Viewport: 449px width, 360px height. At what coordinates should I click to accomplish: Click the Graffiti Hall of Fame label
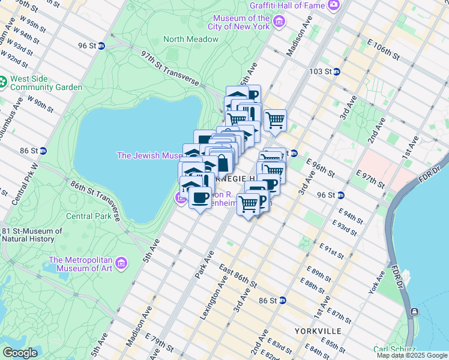coord(288,5)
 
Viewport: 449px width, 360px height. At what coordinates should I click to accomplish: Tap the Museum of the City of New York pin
coord(279,23)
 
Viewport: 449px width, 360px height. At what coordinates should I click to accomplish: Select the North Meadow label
coord(191,40)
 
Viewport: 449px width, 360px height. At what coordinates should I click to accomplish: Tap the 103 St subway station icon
coord(337,71)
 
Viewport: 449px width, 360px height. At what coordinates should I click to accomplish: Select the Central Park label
coord(88,216)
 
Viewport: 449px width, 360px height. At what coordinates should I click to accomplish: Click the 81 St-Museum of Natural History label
coord(32,235)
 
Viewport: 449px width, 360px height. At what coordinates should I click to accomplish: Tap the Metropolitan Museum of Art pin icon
coord(122,263)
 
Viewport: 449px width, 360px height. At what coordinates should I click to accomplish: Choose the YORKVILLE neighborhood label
coord(318,331)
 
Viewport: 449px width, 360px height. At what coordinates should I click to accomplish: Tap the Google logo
coord(20,353)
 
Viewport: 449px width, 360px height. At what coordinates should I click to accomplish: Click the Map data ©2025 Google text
coord(412,355)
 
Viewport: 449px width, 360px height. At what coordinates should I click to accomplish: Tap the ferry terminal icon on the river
coord(414,311)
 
